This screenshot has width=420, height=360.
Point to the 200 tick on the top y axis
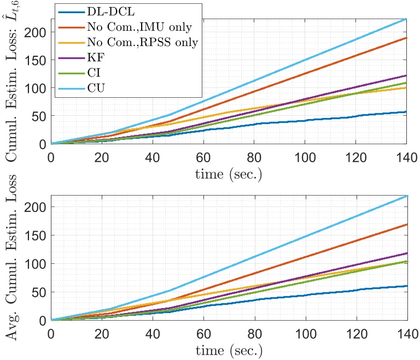[37, 32]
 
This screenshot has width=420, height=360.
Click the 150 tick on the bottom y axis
[37, 235]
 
